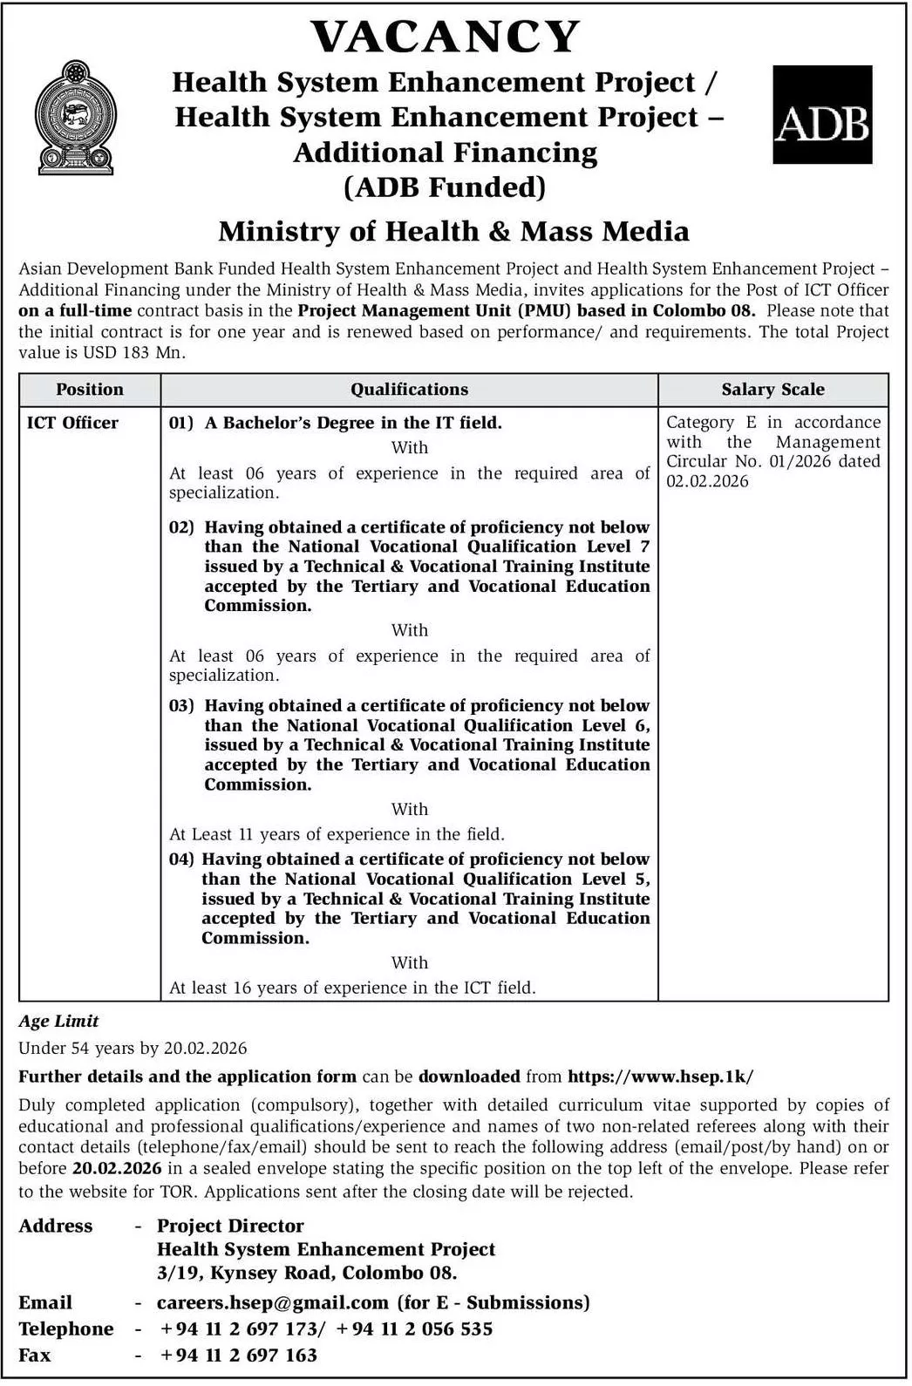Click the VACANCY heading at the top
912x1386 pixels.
(x=446, y=37)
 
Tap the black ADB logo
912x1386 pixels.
(x=822, y=114)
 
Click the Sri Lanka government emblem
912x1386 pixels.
(x=75, y=118)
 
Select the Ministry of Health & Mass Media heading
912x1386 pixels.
(x=453, y=231)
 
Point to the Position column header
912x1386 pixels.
(x=90, y=390)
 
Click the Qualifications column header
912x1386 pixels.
(x=409, y=390)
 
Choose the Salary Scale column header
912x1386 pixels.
(x=772, y=390)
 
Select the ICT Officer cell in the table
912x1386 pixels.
(x=72, y=423)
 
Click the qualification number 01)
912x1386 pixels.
(x=181, y=423)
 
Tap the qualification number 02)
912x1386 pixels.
(x=181, y=527)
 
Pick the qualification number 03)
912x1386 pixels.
(x=181, y=706)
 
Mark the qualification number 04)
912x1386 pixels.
(x=181, y=859)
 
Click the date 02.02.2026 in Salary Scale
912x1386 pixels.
(x=707, y=481)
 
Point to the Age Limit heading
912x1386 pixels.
(x=58, y=1021)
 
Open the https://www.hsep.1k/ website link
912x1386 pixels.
(x=660, y=1077)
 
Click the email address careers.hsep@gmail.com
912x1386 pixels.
(x=272, y=1302)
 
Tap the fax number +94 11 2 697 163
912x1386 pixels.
(x=238, y=1355)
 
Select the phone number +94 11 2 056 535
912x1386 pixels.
(x=414, y=1329)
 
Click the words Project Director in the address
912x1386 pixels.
(x=230, y=1226)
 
